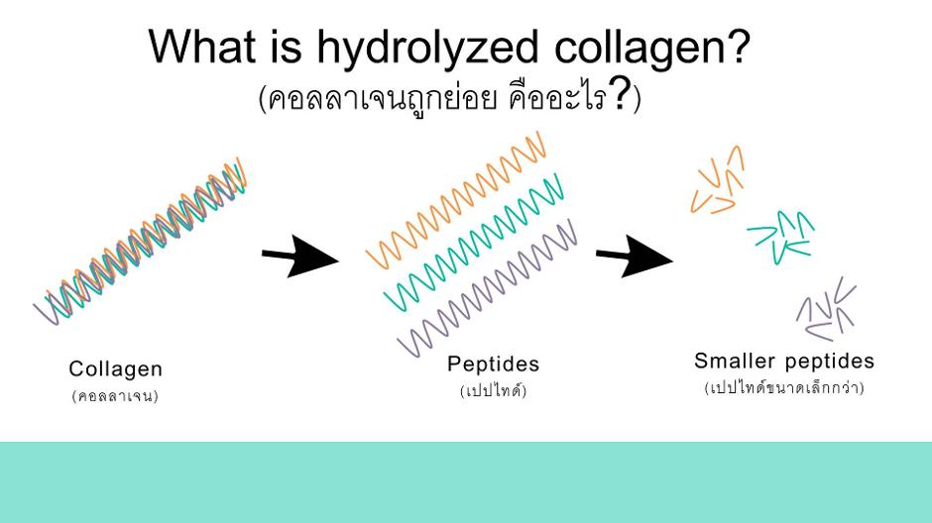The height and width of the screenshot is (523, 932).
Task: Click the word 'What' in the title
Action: pyautogui.click(x=202, y=47)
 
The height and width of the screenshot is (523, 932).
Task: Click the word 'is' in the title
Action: pyautogui.click(x=288, y=47)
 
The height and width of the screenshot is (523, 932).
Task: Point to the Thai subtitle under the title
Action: pyautogui.click(x=450, y=97)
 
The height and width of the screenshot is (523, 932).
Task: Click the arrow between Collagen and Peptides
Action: pyautogui.click(x=300, y=257)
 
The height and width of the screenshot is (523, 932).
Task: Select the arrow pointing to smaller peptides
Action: pyautogui.click(x=635, y=257)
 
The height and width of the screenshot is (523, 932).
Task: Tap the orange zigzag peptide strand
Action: pyautogui.click(x=455, y=200)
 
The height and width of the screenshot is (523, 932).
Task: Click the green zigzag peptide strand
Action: pyautogui.click(x=474, y=243)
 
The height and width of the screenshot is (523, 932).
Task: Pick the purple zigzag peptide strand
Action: pyautogui.click(x=487, y=288)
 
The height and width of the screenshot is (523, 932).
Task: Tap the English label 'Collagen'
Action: pyautogui.click(x=115, y=369)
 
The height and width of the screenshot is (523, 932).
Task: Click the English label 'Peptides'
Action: pyautogui.click(x=494, y=364)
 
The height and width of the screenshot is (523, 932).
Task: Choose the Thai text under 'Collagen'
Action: pyautogui.click(x=115, y=396)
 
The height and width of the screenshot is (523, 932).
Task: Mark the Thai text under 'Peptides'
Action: pyautogui.click(x=494, y=390)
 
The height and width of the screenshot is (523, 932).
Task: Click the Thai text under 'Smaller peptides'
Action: pyautogui.click(x=784, y=387)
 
